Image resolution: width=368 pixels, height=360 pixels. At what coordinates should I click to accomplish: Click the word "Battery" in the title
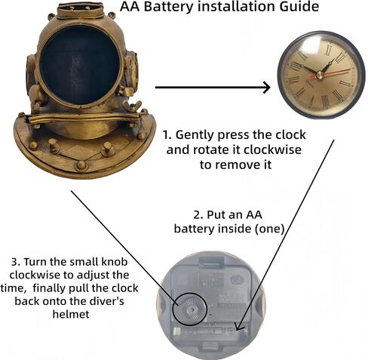pos(169,7)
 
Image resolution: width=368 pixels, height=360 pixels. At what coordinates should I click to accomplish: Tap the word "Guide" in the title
pos(299,7)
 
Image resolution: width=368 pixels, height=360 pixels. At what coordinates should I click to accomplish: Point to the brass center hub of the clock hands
pos(320,75)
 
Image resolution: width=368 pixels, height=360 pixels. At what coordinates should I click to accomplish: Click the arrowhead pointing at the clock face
pos(266,88)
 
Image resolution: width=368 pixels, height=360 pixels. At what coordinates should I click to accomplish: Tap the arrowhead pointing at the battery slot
pos(239,326)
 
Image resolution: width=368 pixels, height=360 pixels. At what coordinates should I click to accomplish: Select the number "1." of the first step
pos(167,135)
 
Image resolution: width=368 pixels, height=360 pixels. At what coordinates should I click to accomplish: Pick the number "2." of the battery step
pos(198,215)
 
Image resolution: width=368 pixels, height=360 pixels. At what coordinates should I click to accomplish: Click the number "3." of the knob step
pos(16,262)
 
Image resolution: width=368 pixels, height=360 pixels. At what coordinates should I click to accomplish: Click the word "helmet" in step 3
pos(71,314)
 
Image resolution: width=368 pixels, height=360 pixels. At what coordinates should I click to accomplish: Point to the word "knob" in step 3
pos(115,262)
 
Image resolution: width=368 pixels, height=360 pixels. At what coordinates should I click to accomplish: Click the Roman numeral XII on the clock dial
pos(327,51)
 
